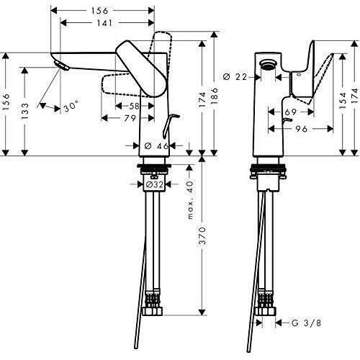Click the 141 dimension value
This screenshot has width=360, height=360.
[104, 24]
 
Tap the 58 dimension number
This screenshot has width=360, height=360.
[135, 105]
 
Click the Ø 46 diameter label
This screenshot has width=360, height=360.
[157, 146]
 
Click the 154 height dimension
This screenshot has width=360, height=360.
[333, 103]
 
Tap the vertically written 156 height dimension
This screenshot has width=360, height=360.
[6, 102]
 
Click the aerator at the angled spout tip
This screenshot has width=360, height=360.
[60, 67]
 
